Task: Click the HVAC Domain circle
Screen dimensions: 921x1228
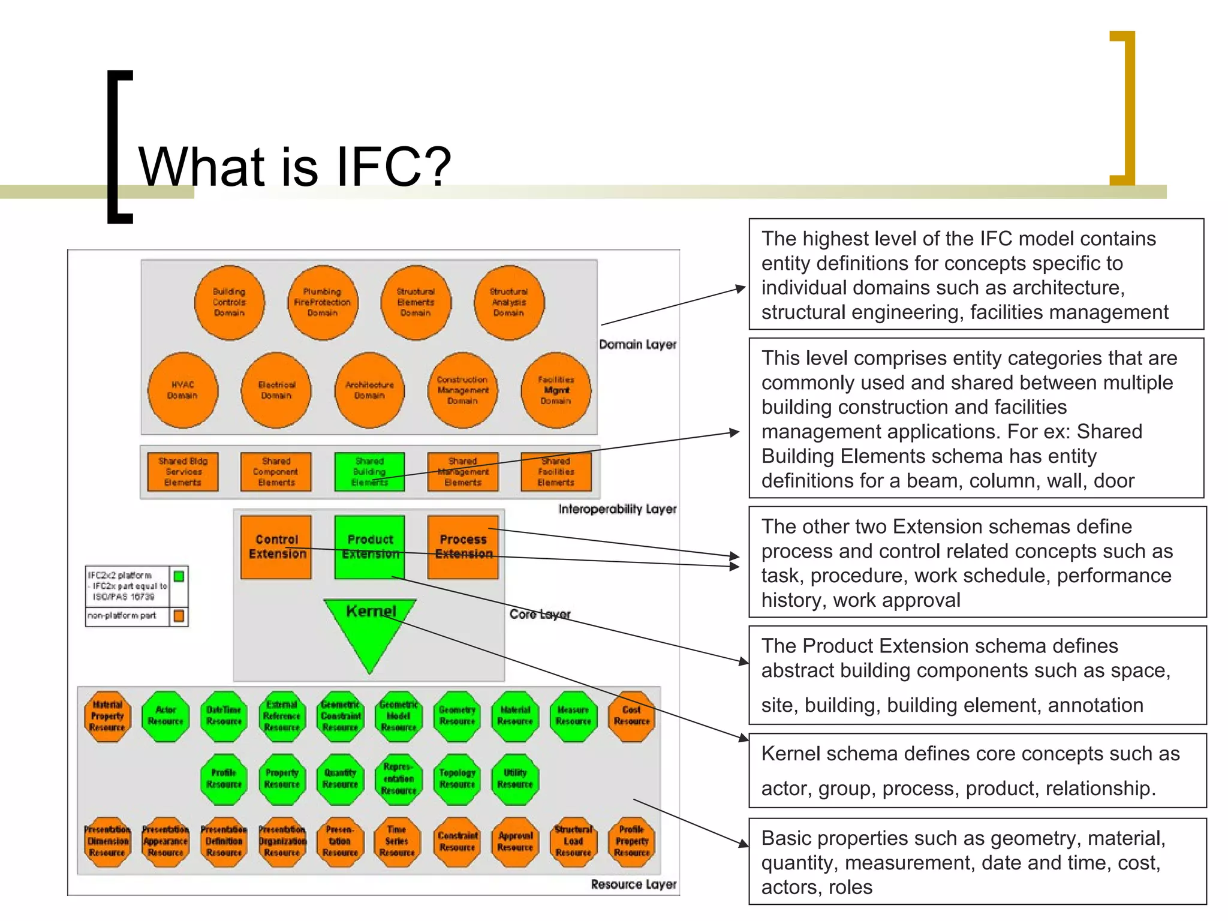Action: (183, 390)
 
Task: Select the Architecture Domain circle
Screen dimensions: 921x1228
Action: (369, 390)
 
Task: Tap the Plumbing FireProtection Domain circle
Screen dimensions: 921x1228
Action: (323, 302)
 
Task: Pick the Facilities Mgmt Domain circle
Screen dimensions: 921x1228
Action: (556, 390)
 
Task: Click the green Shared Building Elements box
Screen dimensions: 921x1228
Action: (369, 472)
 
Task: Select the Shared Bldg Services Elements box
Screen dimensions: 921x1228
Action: (183, 472)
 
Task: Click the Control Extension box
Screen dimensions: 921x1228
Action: (276, 547)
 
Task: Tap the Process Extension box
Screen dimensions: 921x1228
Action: (463, 547)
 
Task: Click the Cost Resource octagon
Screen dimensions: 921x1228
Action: (631, 716)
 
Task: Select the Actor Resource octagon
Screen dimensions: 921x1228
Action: (165, 716)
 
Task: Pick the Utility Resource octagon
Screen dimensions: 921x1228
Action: (515, 779)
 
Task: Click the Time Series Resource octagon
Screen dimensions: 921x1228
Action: (397, 841)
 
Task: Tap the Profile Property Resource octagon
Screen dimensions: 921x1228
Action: (631, 841)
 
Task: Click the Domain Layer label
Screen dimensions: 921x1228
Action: (637, 345)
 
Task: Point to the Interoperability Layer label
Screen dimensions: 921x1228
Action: (617, 509)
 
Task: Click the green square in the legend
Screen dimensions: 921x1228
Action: (179, 576)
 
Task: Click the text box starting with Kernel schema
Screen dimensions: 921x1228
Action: (977, 770)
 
